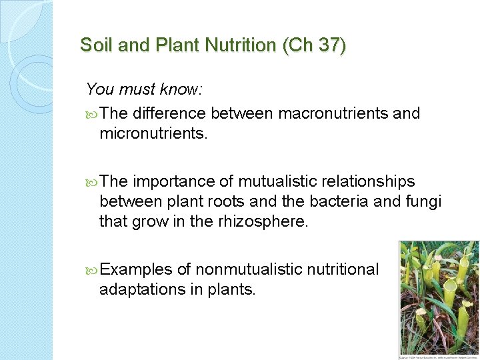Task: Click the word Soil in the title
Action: [x=93, y=45]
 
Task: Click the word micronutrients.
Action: [x=153, y=134]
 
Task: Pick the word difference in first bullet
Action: [x=168, y=113]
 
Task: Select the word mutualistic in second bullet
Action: [x=273, y=181]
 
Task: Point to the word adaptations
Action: [x=138, y=290]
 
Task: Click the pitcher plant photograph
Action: [x=438, y=299]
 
